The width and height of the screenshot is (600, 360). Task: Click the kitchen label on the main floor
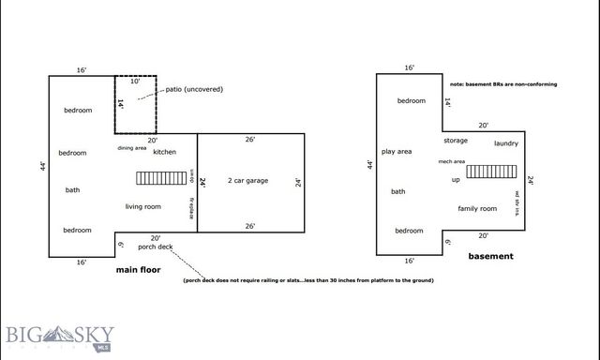point(164,152)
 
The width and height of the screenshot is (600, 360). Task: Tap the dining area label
point(131,148)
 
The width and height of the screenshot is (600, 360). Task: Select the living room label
point(143,206)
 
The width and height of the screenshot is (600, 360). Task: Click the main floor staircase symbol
point(155,178)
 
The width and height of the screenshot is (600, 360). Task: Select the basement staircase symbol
point(487,172)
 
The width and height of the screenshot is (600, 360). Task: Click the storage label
point(456,141)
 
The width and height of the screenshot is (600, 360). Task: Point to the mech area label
point(452,161)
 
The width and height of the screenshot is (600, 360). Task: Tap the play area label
point(397,151)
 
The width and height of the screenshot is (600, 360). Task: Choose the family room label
point(476,208)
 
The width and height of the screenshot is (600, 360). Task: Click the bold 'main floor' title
point(138,270)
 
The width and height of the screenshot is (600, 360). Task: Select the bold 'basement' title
point(491,256)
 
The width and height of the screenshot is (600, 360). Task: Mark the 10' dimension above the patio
point(135,82)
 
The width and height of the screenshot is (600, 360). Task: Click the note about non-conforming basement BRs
point(503,84)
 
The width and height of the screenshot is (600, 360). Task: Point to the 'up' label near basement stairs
point(456,179)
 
